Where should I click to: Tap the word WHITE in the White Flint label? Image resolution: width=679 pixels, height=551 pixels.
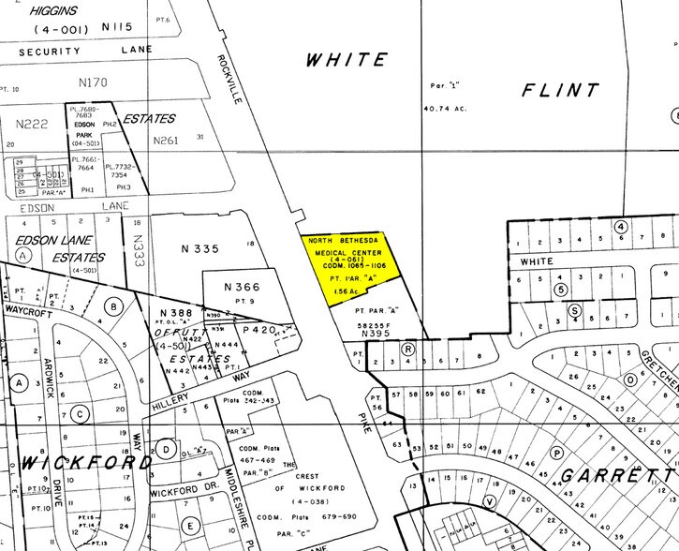coord(347,60)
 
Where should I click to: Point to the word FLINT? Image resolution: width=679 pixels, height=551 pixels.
coord(560,91)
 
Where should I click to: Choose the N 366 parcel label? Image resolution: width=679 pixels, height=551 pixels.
coord(242,287)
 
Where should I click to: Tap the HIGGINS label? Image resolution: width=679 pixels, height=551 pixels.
coord(66,10)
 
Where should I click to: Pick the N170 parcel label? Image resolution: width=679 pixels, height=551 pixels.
coord(94,82)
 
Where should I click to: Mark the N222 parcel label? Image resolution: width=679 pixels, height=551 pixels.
coord(32,123)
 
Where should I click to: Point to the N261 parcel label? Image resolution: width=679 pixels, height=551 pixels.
coord(166,141)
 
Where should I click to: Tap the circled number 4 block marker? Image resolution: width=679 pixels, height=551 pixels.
coord(619,226)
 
